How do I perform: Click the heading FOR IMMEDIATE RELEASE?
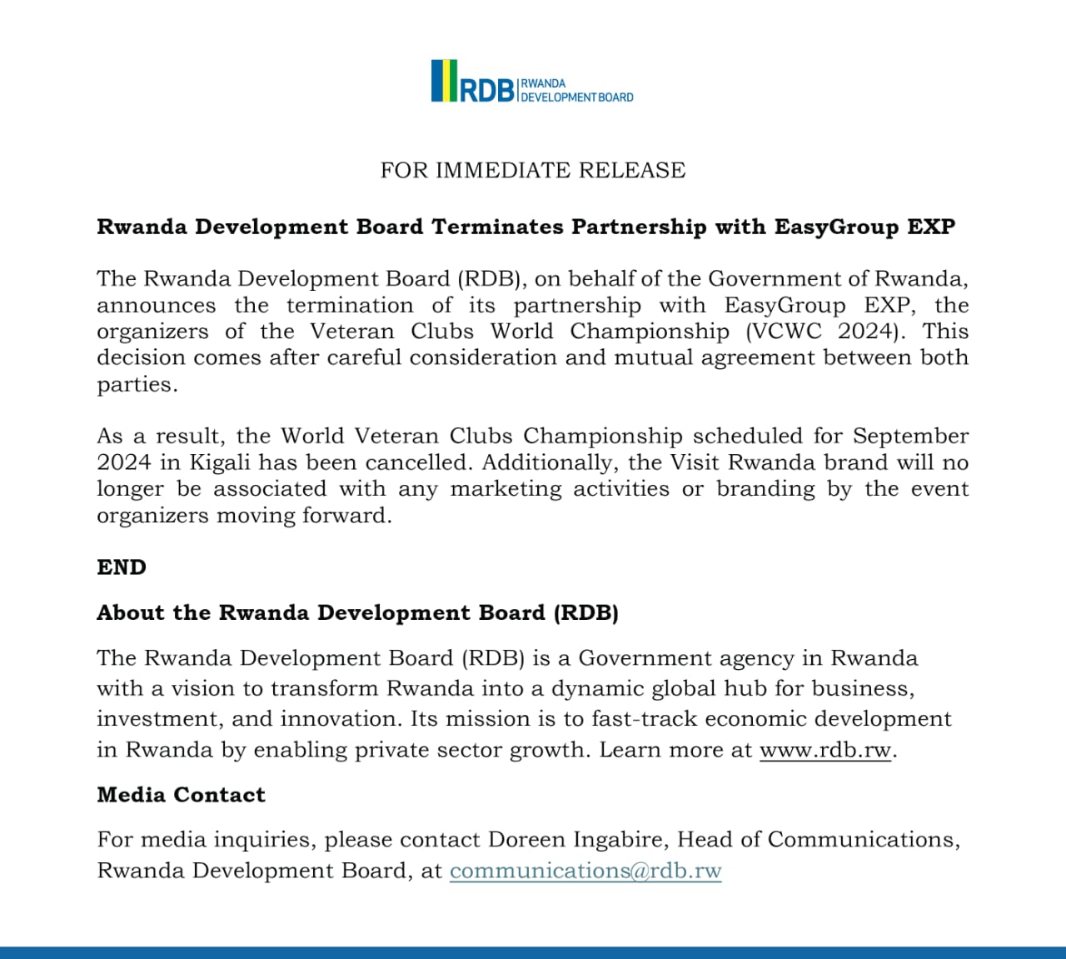[533, 170]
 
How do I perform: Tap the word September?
[910, 436]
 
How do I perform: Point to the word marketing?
[506, 488]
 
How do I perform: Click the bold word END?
[122, 567]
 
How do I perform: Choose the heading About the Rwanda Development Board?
[357, 613]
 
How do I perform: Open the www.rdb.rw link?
[824, 750]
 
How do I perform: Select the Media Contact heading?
[181, 795]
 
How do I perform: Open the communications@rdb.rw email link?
[585, 871]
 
